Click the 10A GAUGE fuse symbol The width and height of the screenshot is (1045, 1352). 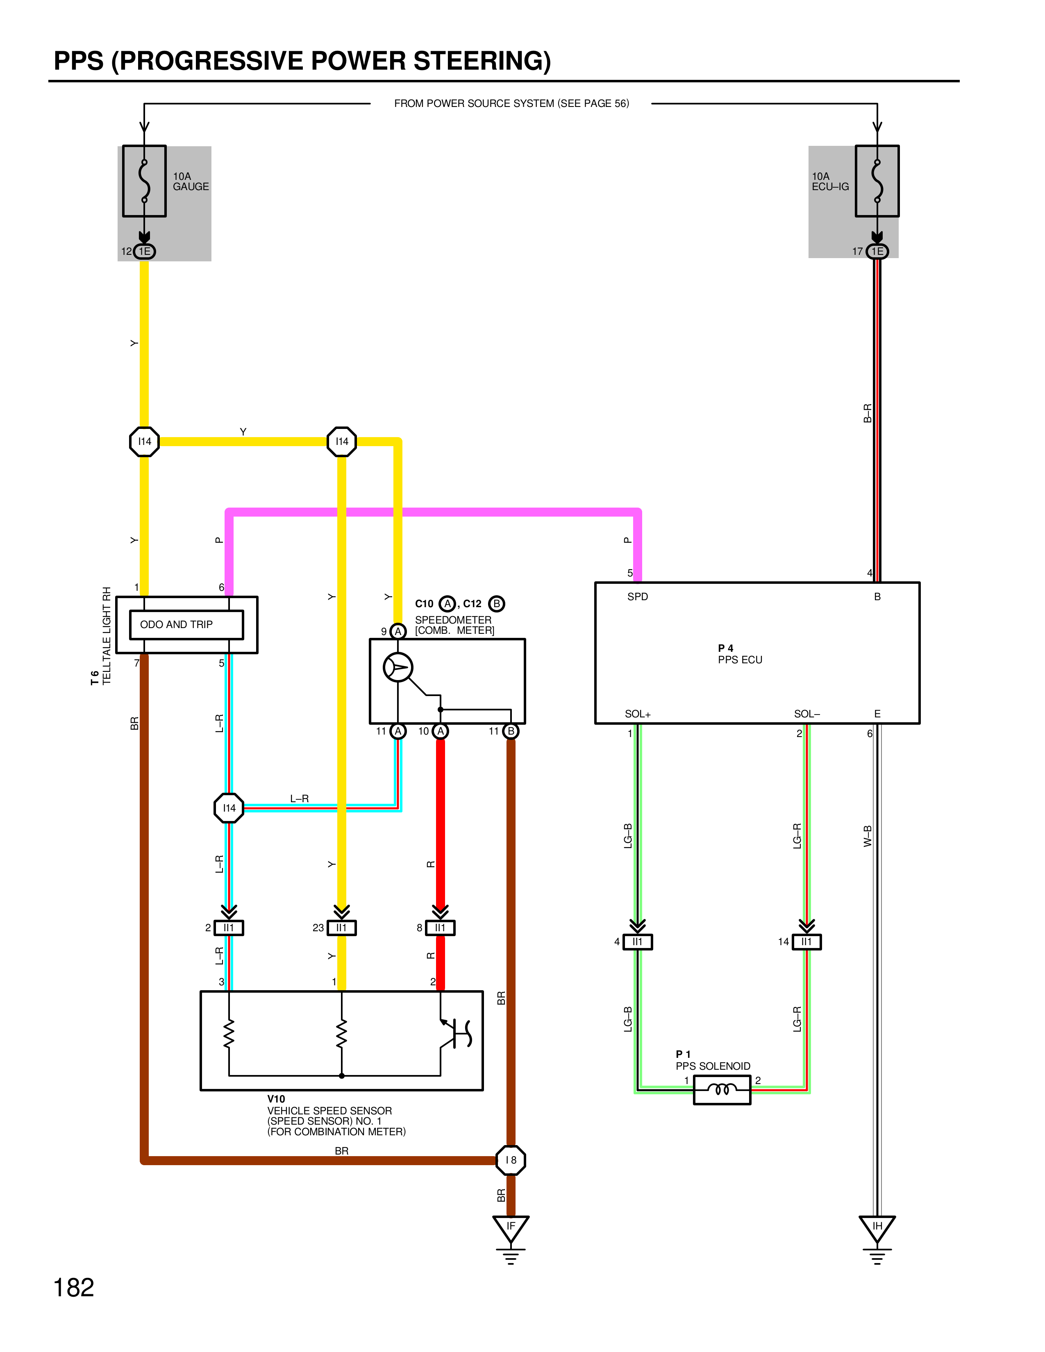coord(144,181)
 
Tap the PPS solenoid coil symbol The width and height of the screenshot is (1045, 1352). coord(722,1089)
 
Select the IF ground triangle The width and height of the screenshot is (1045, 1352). coord(511,1228)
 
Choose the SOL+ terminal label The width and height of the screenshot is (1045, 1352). coord(638,714)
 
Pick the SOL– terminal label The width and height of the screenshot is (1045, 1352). coord(806,714)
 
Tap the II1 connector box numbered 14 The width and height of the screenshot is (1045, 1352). coord(806,941)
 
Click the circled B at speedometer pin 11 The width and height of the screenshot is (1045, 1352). coord(511,731)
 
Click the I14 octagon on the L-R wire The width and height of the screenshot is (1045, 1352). coord(229,808)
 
